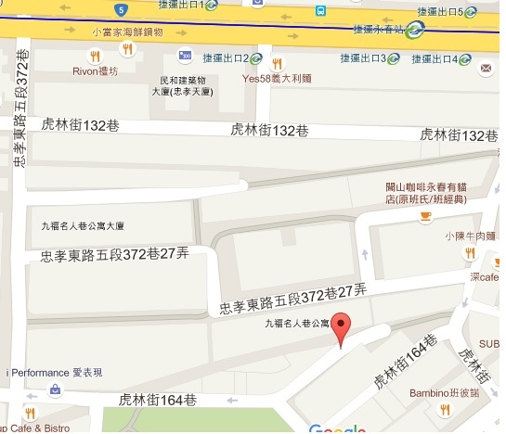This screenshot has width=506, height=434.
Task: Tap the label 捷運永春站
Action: [379, 29]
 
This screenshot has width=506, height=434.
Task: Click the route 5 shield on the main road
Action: [122, 9]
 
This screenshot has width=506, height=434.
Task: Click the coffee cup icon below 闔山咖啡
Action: [425, 216]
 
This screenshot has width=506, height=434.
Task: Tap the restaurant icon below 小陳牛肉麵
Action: [470, 251]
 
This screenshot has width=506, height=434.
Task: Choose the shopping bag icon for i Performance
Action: [56, 389]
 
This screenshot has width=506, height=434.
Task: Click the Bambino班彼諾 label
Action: [442, 392]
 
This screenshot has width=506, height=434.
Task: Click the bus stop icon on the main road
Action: [320, 12]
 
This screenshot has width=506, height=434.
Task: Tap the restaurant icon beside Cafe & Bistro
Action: [31, 413]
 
